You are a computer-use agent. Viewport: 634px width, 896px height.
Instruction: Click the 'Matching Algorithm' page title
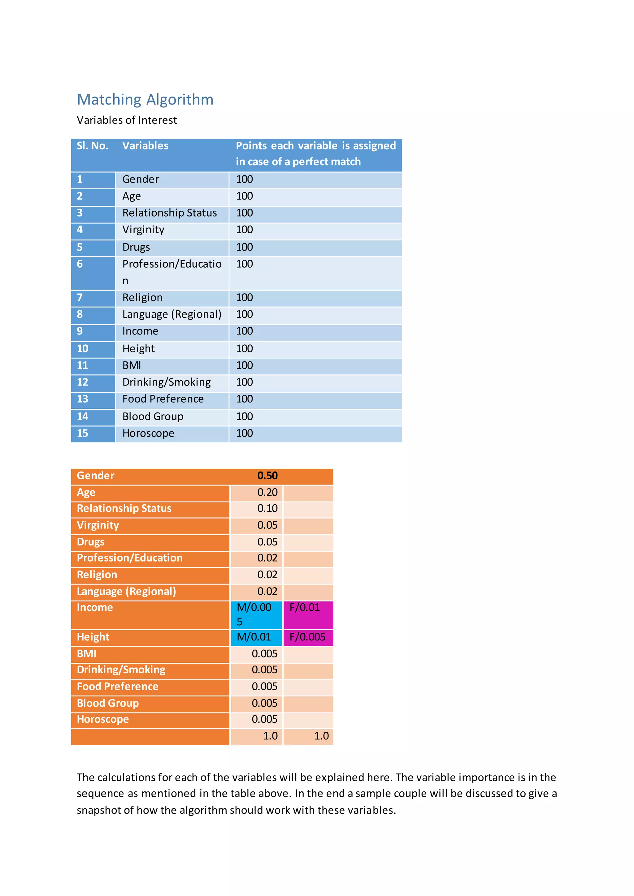145,100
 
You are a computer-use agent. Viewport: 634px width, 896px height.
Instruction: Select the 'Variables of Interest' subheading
127,120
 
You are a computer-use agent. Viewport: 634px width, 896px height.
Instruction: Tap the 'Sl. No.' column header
93,146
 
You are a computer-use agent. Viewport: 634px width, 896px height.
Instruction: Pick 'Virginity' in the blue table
143,230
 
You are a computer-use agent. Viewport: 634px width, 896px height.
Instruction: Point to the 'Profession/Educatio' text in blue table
172,264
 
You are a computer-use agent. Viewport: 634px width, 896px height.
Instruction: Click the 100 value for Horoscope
244,433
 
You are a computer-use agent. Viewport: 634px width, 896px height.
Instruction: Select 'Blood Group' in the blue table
153,417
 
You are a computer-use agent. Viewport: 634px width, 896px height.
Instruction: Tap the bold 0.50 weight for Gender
267,476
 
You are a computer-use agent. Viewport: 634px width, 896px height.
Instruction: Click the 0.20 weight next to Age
267,493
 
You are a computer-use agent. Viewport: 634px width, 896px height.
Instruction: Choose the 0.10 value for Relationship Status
267,509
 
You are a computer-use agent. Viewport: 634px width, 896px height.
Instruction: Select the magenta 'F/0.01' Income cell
305,608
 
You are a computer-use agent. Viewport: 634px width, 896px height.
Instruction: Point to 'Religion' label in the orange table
97,575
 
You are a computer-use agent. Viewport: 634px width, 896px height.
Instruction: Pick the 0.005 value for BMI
264,654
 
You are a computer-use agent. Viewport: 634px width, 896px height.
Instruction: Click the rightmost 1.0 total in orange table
321,736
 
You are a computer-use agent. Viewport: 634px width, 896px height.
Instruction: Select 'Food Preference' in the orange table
118,687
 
